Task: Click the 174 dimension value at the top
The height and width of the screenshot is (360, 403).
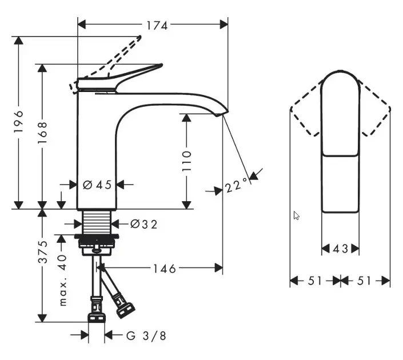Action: point(157,26)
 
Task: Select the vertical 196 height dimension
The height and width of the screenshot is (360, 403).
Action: point(18,122)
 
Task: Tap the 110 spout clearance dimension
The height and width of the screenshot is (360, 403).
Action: point(186,161)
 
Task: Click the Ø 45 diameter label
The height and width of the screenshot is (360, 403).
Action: point(97,185)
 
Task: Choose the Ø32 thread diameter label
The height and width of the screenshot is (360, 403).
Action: point(143,225)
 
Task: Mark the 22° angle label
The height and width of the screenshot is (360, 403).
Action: point(237,185)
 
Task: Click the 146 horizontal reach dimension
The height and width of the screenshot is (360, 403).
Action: point(165,269)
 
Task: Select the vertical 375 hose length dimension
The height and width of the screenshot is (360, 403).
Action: point(43,252)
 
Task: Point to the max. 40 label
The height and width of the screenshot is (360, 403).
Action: point(62,281)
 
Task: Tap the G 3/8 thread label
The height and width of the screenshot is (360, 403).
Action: point(146,336)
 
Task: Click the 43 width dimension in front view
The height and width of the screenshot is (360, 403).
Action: point(340,249)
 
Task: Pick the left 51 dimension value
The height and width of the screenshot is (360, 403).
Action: point(314,281)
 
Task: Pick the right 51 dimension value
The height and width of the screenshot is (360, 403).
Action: point(364,281)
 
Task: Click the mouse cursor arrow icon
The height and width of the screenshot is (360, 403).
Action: point(296,215)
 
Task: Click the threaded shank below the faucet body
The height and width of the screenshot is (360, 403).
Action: point(97,222)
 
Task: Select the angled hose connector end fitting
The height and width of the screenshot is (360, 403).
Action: point(125,309)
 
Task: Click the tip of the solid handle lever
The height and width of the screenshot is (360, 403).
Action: point(161,65)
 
